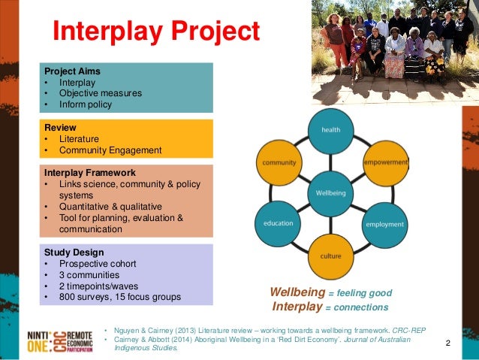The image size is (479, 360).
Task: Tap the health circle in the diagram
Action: click(x=331, y=129)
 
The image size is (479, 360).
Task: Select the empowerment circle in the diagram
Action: click(x=385, y=162)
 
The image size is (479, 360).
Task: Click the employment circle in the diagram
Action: click(x=384, y=224)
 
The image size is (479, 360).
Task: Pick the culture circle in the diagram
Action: click(x=330, y=256)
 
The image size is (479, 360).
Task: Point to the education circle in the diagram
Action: click(x=278, y=223)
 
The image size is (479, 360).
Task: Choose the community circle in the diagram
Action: click(x=279, y=162)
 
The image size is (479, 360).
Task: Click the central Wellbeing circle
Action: click(x=331, y=193)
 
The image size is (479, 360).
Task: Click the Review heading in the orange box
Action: click(x=60, y=127)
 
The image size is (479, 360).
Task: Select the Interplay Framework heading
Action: click(x=89, y=173)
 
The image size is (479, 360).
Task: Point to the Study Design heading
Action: click(x=74, y=252)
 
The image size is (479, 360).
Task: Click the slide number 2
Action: click(x=447, y=343)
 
